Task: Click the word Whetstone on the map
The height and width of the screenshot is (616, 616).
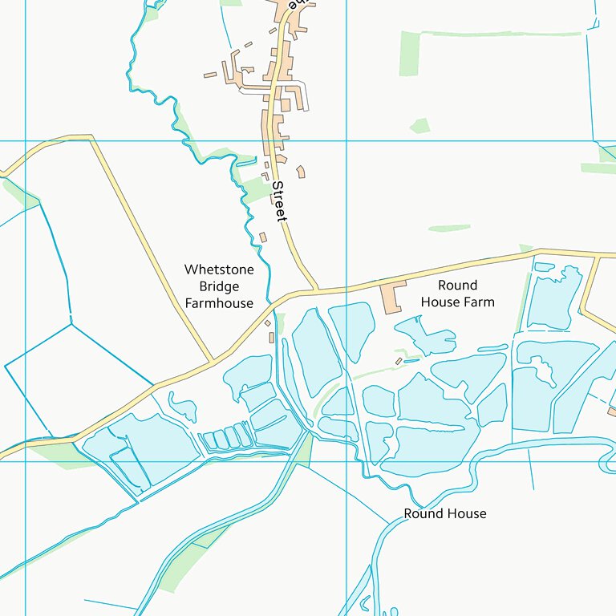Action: pyautogui.click(x=218, y=269)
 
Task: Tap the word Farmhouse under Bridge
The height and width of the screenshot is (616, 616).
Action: pyautogui.click(x=219, y=303)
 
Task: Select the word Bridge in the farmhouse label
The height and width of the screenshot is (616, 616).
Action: pyautogui.click(x=219, y=286)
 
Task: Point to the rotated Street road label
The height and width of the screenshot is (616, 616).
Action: pyautogui.click(x=279, y=201)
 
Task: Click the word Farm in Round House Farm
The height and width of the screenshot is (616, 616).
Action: pyautogui.click(x=478, y=302)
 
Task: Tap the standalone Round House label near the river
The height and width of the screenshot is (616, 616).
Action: pyautogui.click(x=444, y=513)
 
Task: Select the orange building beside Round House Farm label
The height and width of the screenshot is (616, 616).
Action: pyautogui.click(x=392, y=296)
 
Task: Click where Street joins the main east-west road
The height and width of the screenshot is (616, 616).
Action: pyautogui.click(x=318, y=290)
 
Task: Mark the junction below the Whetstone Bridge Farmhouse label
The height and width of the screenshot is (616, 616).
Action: pyautogui.click(x=213, y=361)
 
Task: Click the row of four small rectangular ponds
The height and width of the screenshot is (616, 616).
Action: pyautogui.click(x=225, y=438)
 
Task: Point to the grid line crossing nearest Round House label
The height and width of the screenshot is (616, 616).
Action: pyautogui.click(x=346, y=461)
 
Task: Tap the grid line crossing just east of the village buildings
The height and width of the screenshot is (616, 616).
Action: pyautogui.click(x=346, y=141)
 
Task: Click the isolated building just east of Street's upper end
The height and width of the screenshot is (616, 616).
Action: pyautogui.click(x=301, y=172)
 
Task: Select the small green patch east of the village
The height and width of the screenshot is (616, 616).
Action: pyautogui.click(x=419, y=125)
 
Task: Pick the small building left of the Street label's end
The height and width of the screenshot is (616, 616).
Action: pyautogui.click(x=263, y=237)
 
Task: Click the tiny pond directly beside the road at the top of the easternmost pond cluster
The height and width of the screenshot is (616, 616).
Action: pyautogui.click(x=544, y=265)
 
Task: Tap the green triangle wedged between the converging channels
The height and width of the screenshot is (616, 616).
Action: pyautogui.click(x=302, y=450)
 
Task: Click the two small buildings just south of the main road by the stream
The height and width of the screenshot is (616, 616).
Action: pyautogui.click(x=270, y=330)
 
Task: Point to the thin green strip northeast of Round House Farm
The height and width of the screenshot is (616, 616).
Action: pyautogui.click(x=449, y=229)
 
